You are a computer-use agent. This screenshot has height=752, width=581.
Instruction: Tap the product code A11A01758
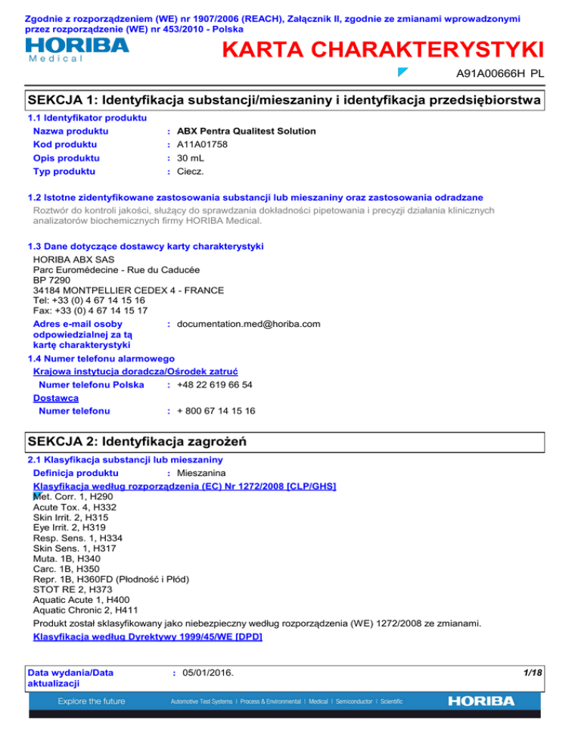(x=204, y=144)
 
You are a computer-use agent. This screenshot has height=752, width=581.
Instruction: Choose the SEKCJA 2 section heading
(x=138, y=440)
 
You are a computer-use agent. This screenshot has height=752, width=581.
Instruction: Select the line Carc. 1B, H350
(x=68, y=568)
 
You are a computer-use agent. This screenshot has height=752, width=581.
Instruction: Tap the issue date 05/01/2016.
(x=205, y=671)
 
